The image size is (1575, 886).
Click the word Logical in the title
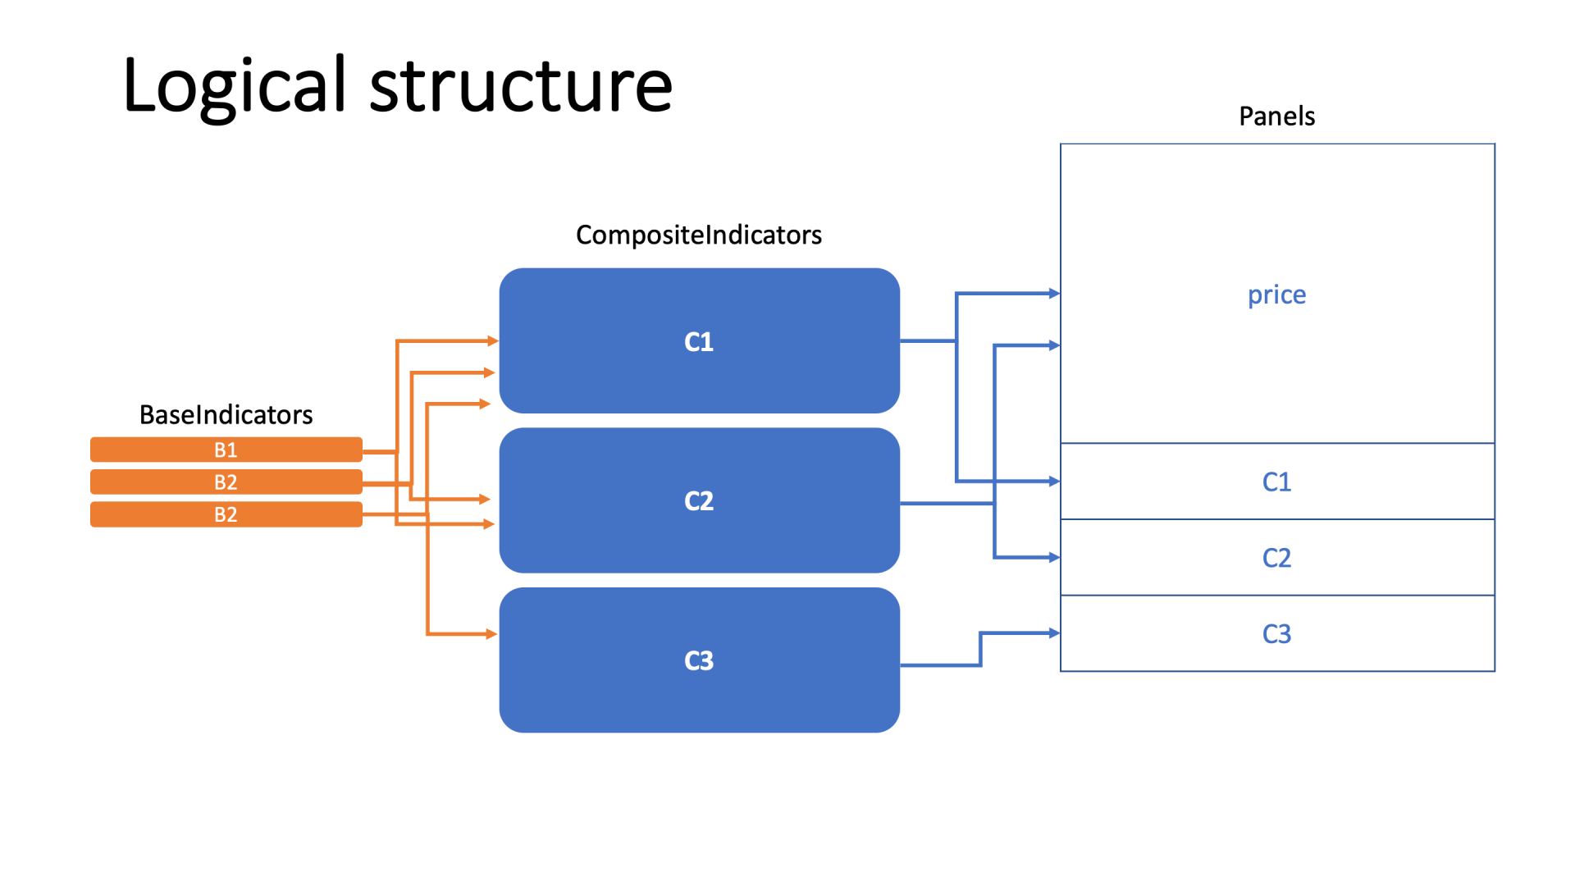pyautogui.click(x=235, y=86)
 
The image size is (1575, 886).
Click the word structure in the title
pyautogui.click(x=521, y=86)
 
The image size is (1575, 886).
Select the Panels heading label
pyautogui.click(x=1276, y=116)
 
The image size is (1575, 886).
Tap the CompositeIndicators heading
pyautogui.click(x=698, y=235)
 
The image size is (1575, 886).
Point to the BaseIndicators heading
pyautogui.click(x=226, y=415)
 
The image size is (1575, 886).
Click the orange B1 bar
pyautogui.click(x=226, y=450)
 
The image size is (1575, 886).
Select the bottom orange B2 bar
pyautogui.click(x=226, y=514)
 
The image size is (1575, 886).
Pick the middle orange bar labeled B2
pyautogui.click(x=226, y=482)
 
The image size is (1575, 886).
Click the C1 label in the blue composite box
pyautogui.click(x=699, y=341)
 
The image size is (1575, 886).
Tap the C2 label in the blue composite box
pyautogui.click(x=699, y=500)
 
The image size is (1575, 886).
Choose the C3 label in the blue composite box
pyautogui.click(x=699, y=660)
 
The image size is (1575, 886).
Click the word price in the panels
pyautogui.click(x=1276, y=295)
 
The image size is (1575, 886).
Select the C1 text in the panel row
pyautogui.click(x=1276, y=482)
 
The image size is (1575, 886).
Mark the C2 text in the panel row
pyautogui.click(x=1276, y=558)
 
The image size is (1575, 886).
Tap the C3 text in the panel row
pyautogui.click(x=1276, y=634)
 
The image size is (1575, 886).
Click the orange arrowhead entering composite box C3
pyautogui.click(x=491, y=634)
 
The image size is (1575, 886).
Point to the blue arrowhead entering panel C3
pyautogui.click(x=1054, y=633)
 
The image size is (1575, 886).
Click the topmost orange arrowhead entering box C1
pyautogui.click(x=492, y=340)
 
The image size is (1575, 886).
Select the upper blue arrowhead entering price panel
pyautogui.click(x=1054, y=294)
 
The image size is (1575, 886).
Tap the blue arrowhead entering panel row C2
pyautogui.click(x=1054, y=558)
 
